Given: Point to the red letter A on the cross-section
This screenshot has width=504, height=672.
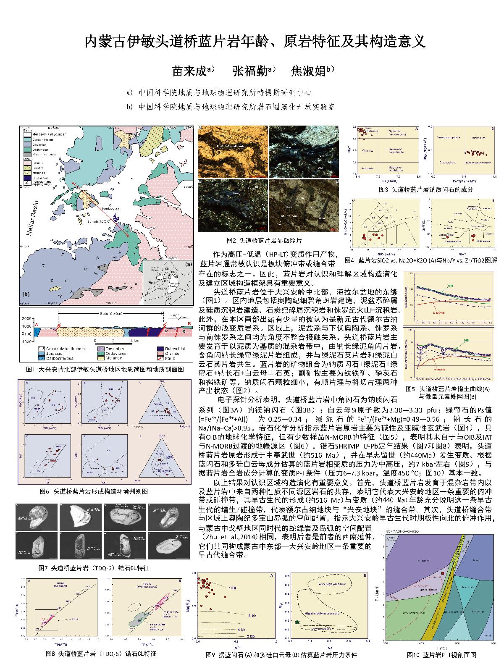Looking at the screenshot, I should [x=36, y=324].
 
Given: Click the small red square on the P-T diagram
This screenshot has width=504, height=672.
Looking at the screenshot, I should [x=443, y=573].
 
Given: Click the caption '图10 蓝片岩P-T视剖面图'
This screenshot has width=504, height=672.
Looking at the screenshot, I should [x=442, y=654].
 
